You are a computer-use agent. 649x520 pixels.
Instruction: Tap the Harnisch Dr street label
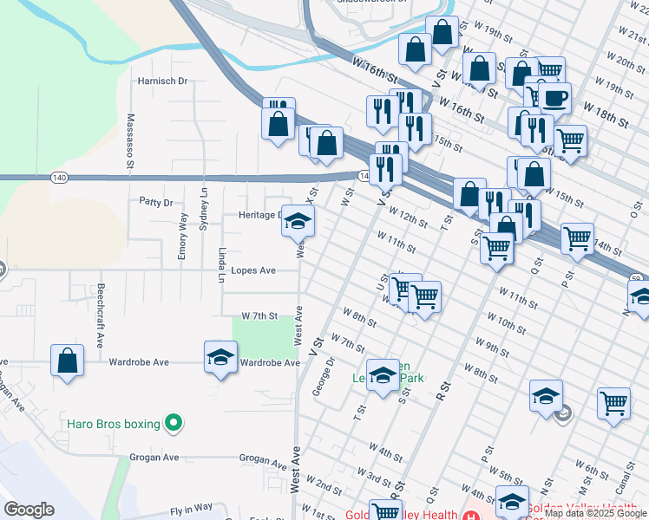click(163, 81)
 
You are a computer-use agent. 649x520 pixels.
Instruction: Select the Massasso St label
click(130, 140)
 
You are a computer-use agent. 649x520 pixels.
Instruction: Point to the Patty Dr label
click(156, 202)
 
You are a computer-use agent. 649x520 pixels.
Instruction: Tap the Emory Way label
click(183, 234)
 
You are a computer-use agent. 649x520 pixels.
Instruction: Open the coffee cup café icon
click(554, 96)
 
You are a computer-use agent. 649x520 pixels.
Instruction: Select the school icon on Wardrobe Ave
click(220, 356)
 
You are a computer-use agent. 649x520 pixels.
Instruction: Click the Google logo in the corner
click(29, 510)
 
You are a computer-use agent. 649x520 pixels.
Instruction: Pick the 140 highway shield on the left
click(59, 177)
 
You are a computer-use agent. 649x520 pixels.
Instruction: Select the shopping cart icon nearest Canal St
click(613, 403)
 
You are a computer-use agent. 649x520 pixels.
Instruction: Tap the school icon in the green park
click(383, 374)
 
